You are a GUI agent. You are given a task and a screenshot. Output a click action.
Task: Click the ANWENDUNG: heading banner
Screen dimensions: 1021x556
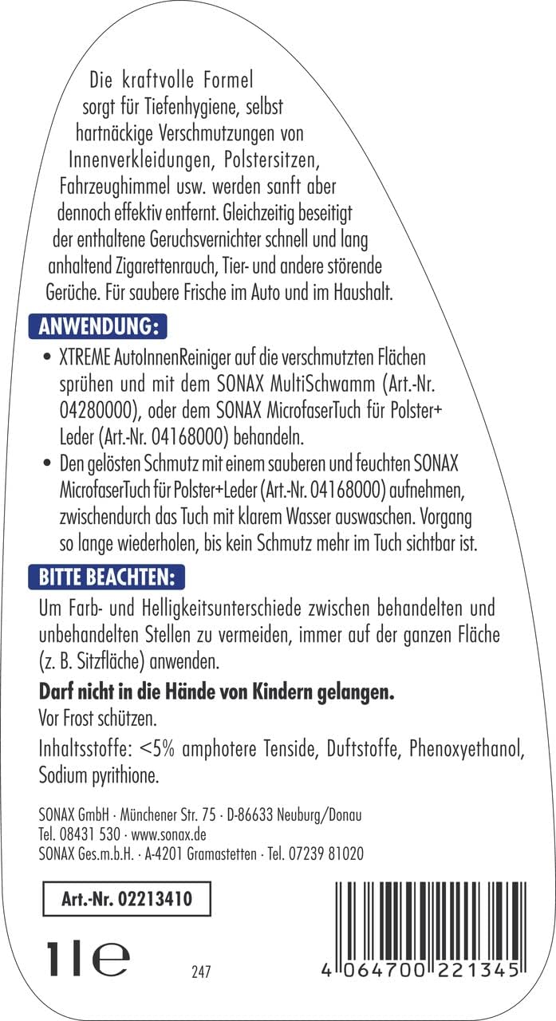(97, 328)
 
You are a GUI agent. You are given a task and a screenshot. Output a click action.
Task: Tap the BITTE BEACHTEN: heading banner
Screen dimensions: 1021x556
(106, 575)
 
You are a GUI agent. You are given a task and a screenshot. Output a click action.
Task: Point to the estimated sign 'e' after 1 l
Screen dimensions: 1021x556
(111, 956)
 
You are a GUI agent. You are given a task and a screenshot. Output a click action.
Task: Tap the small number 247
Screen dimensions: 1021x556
(201, 972)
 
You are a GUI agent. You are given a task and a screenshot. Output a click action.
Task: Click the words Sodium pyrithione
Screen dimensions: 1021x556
(93, 774)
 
